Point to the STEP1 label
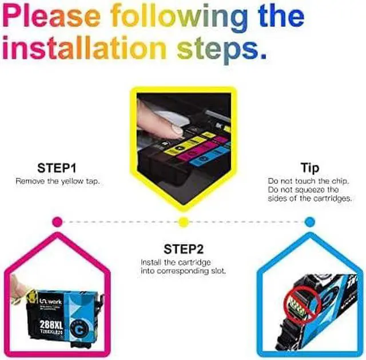click(57, 168)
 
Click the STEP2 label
click(183, 249)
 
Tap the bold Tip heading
click(309, 168)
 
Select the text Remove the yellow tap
click(57, 181)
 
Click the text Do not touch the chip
click(309, 181)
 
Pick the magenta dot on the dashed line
click(57, 221)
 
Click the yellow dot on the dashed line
click(183, 221)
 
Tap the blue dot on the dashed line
click(309, 221)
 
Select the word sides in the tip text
click(279, 198)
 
